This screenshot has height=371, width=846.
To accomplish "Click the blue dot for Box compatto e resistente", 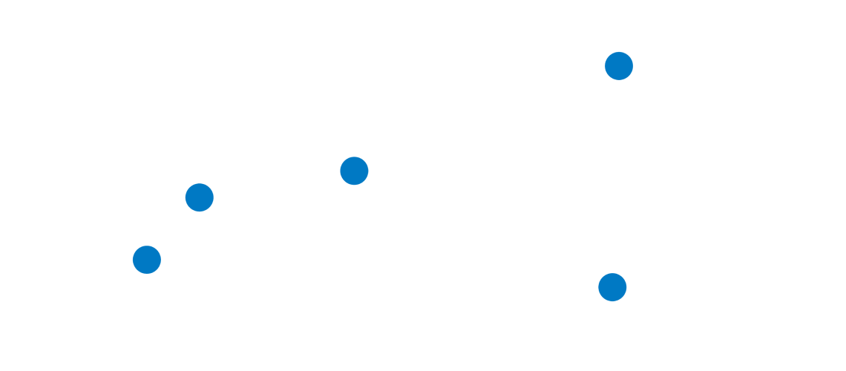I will [x=618, y=65].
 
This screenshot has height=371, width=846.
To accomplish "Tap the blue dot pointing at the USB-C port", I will [x=354, y=171].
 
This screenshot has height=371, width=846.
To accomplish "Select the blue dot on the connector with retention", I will [x=199, y=197].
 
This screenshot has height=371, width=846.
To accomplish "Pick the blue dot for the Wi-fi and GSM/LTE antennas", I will [x=147, y=260].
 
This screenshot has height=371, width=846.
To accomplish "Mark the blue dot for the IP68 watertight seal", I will [x=614, y=287].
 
